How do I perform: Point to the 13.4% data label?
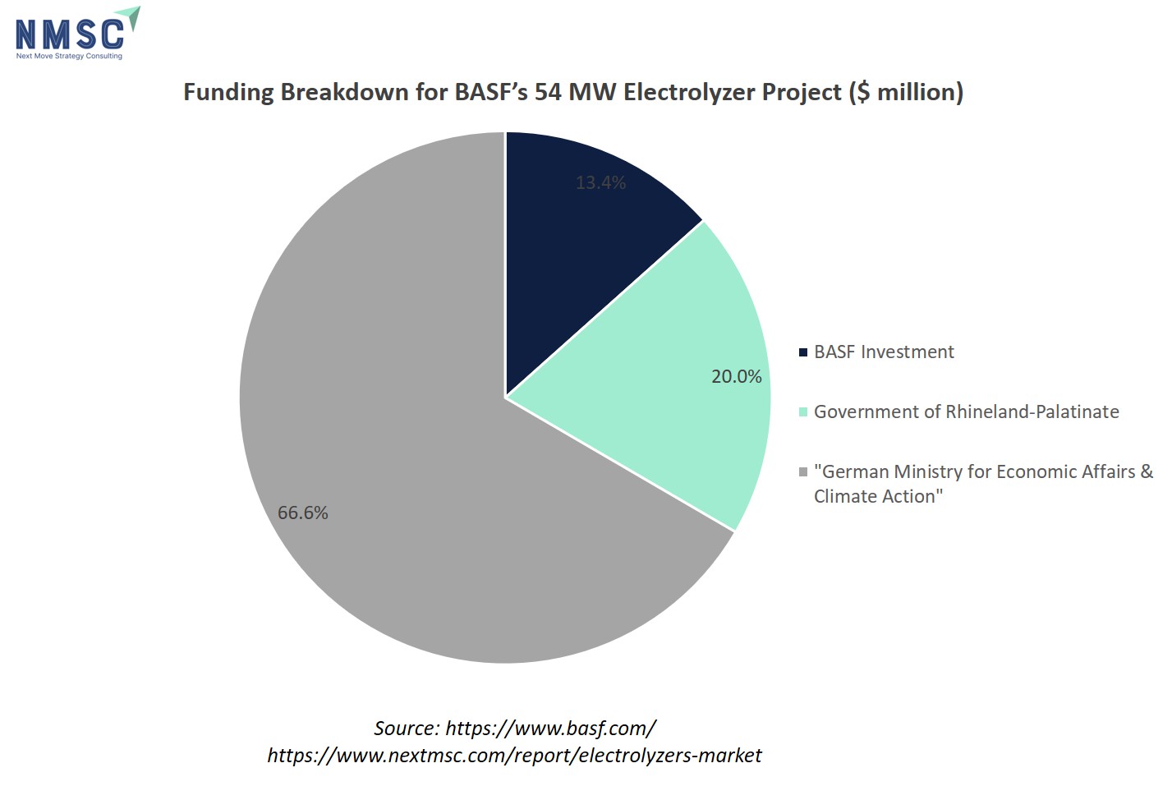tap(600, 182)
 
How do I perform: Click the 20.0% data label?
tap(736, 376)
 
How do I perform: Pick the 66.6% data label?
tap(302, 513)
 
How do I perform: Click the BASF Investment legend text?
tap(884, 352)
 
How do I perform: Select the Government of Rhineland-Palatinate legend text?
tap(966, 411)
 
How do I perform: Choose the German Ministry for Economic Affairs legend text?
tap(982, 484)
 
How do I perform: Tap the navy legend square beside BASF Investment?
tap(803, 352)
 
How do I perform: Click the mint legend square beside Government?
tap(803, 412)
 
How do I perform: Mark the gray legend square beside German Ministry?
tap(803, 472)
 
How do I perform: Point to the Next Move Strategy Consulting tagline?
tap(69, 56)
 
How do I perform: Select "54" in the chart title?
tap(548, 91)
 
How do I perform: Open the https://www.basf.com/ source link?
tap(550, 728)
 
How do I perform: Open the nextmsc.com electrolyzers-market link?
tap(514, 755)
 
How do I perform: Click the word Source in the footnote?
tap(406, 728)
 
